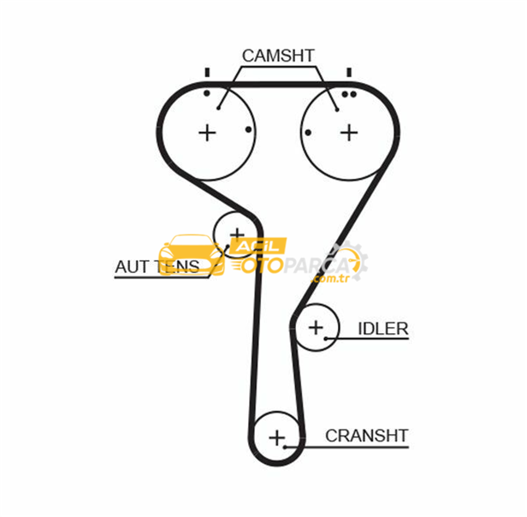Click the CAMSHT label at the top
point(278,56)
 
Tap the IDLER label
point(383,328)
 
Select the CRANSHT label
point(367,436)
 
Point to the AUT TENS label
point(157,267)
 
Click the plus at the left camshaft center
point(207,133)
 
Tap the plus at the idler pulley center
point(316,327)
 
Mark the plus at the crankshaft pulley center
point(277,437)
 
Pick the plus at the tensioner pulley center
point(237,235)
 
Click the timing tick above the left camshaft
point(207,72)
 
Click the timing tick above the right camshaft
point(349,72)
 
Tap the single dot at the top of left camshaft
point(207,93)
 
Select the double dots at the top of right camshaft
point(348,94)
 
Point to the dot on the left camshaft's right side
point(248,130)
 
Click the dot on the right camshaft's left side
point(308,133)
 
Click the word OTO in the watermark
point(258,266)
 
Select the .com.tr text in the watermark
point(330,278)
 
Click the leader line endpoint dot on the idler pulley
point(325,338)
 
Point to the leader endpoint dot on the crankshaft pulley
point(285,447)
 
